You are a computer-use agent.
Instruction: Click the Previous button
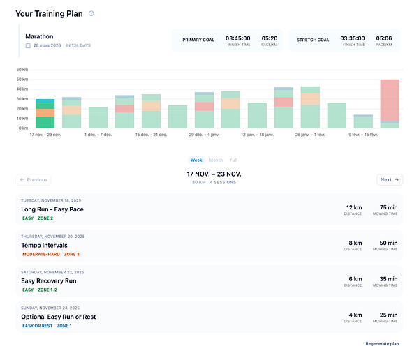pyautogui.click(x=34, y=179)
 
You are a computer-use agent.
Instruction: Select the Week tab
pyautogui.click(x=196, y=160)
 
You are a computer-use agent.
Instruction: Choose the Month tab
pyautogui.click(x=216, y=160)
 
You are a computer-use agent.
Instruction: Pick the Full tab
pyautogui.click(x=233, y=160)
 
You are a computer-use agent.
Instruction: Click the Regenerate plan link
pyautogui.click(x=382, y=343)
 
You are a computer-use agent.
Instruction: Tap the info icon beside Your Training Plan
pyautogui.click(x=91, y=13)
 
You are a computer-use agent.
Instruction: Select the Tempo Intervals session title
pyautogui.click(x=44, y=245)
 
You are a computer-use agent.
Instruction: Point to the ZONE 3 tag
pyautogui.click(x=71, y=254)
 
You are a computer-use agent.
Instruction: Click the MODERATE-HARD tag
pyautogui.click(x=40, y=254)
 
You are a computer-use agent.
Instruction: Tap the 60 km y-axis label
pyautogui.click(x=22, y=70)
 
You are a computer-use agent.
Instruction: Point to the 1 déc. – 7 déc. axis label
pyautogui.click(x=98, y=134)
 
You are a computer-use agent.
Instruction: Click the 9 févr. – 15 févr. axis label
pyautogui.click(x=363, y=134)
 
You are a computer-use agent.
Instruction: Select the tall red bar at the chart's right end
pyautogui.click(x=390, y=100)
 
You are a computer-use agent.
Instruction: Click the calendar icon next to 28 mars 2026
pyautogui.click(x=28, y=45)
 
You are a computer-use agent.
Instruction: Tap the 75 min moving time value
pyautogui.click(x=388, y=207)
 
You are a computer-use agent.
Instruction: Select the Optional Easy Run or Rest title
pyautogui.click(x=59, y=317)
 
